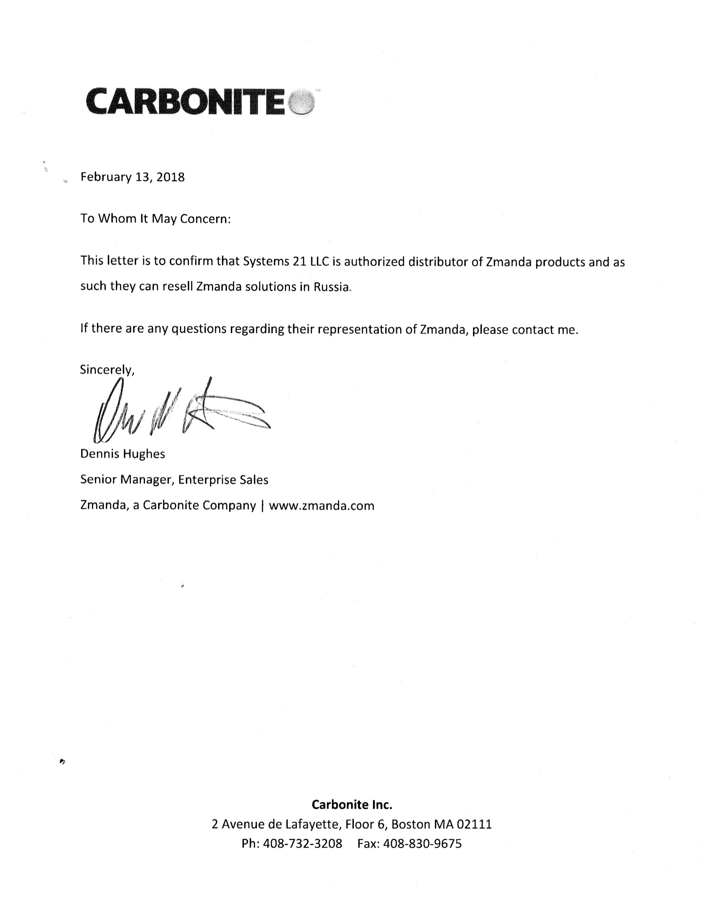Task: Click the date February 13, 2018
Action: point(132,177)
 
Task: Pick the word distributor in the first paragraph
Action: point(438,262)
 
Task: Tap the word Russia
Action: point(332,287)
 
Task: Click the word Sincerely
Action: point(107,370)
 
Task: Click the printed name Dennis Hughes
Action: point(123,454)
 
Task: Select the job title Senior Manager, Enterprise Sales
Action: point(174,479)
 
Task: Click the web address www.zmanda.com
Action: point(321,506)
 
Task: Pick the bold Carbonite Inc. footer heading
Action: point(352,805)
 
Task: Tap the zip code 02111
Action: point(474,824)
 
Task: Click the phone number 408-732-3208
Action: point(302,843)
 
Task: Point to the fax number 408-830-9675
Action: point(422,843)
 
